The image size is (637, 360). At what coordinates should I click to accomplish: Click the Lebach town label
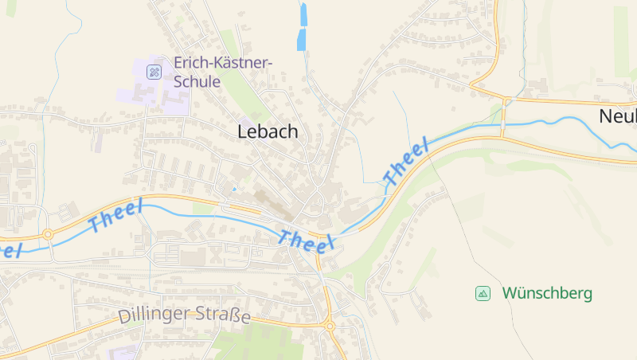[x=268, y=132]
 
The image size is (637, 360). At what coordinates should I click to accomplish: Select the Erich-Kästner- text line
[x=223, y=63]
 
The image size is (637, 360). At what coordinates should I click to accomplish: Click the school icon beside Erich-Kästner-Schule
[x=154, y=72]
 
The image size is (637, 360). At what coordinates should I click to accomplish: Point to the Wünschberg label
[x=547, y=293]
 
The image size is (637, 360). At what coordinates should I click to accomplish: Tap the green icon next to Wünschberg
[x=483, y=293]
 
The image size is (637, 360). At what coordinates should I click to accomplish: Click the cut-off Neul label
[x=618, y=117]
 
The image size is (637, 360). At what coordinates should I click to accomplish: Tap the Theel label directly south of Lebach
[x=306, y=239]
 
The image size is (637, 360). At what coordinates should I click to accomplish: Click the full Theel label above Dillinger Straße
[x=115, y=217]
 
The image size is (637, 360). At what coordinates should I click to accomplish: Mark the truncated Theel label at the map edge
[x=10, y=249]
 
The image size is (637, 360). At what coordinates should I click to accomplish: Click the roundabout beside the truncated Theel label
[x=48, y=234]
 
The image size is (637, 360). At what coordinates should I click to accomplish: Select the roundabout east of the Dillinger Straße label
[x=329, y=325]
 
